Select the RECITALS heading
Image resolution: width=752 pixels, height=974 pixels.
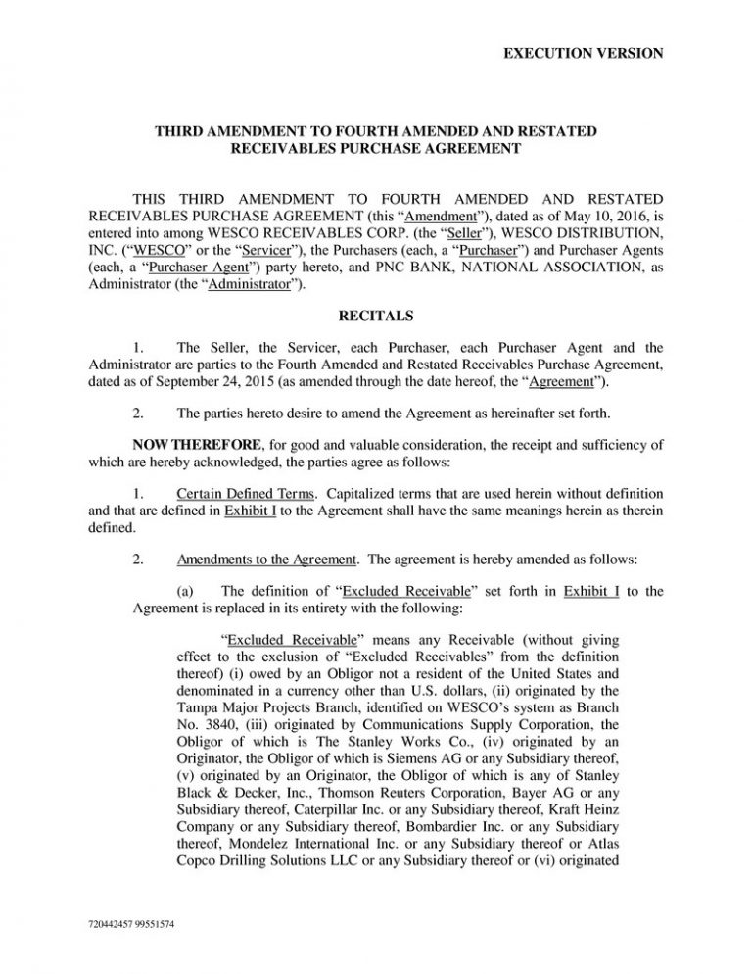(x=376, y=317)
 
